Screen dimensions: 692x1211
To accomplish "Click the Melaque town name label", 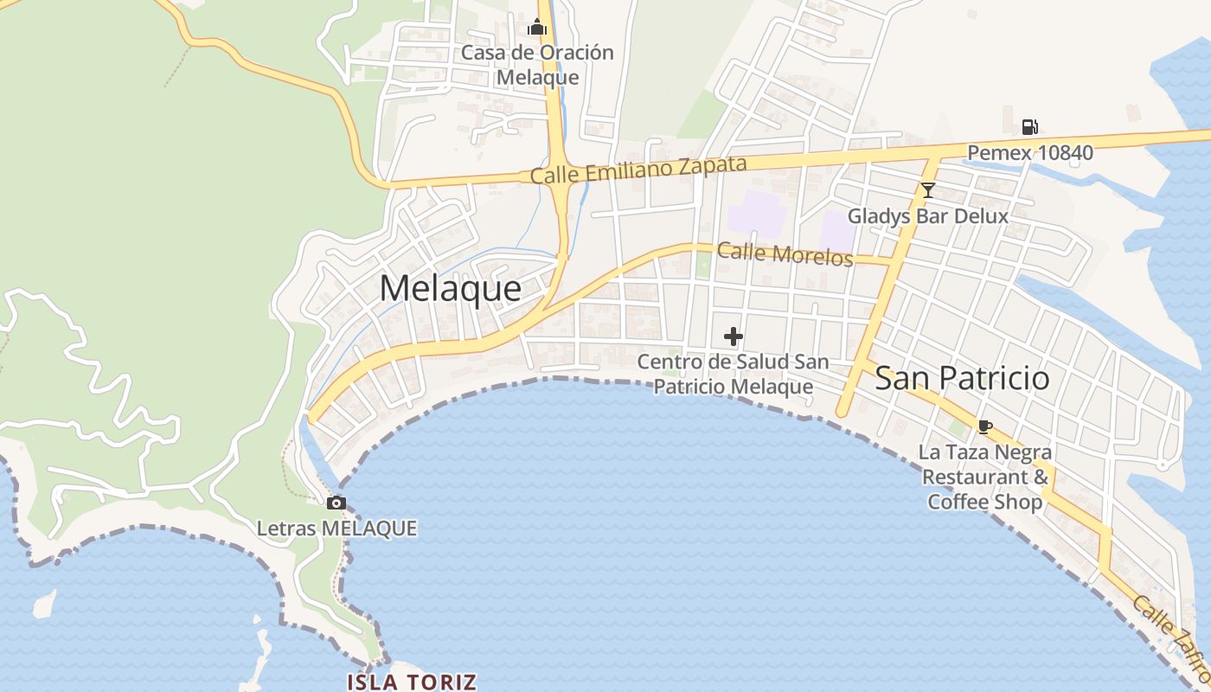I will [x=450, y=289].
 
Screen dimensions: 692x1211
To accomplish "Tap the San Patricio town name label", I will [x=962, y=378].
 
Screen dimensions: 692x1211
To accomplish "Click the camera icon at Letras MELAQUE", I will [x=336, y=503].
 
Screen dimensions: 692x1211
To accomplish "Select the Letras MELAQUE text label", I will [x=336, y=528].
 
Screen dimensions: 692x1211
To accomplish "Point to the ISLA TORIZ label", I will [x=411, y=682].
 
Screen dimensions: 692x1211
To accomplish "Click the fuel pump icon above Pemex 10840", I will [x=1029, y=127].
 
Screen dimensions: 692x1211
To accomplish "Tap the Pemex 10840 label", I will [x=1029, y=153].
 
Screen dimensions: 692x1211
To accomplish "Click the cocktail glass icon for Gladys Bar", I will [x=928, y=190].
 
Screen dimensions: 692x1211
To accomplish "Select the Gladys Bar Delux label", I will [x=927, y=215].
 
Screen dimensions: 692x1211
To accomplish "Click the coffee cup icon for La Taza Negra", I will [x=984, y=426].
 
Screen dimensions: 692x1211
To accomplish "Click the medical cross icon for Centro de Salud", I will [x=734, y=336].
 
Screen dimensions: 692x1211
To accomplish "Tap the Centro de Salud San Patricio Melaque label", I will [x=733, y=374].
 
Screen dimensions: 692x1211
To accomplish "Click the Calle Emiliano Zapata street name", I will [x=638, y=170].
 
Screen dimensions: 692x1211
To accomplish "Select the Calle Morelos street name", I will [x=785, y=254].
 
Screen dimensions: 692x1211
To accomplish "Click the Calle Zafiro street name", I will [x=1169, y=636].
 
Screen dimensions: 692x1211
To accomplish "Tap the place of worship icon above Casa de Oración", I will [x=537, y=28].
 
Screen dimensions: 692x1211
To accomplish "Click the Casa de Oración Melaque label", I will [x=537, y=65].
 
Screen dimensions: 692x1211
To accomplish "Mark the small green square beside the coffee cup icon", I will [x=957, y=427].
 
